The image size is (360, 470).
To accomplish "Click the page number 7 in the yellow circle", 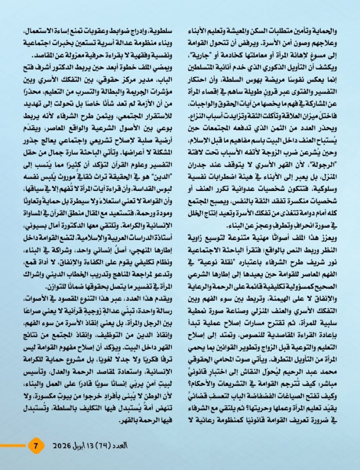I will pyautogui.click(x=36, y=446).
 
